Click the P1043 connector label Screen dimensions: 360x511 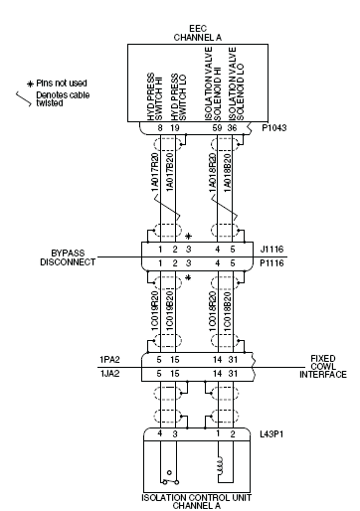(x=274, y=128)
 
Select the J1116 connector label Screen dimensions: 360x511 (x=271, y=249)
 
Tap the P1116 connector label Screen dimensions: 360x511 (x=271, y=263)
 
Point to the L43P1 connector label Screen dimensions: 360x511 (x=271, y=434)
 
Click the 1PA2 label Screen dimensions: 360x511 (x=109, y=360)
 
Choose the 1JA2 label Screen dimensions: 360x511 (x=109, y=374)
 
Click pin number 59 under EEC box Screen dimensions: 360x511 (x=217, y=128)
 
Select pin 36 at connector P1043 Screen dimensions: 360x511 (x=232, y=128)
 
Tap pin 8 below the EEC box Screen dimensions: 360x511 (x=160, y=128)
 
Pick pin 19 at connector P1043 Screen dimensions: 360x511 (x=174, y=128)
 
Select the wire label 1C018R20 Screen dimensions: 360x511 (x=213, y=311)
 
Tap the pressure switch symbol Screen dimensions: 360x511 (x=170, y=478)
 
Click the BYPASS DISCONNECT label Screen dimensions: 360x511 (x=68, y=257)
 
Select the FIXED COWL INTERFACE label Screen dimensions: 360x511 (x=323, y=367)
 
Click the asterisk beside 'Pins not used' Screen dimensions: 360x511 (x=31, y=84)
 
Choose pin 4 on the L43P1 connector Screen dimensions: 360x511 (x=160, y=433)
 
